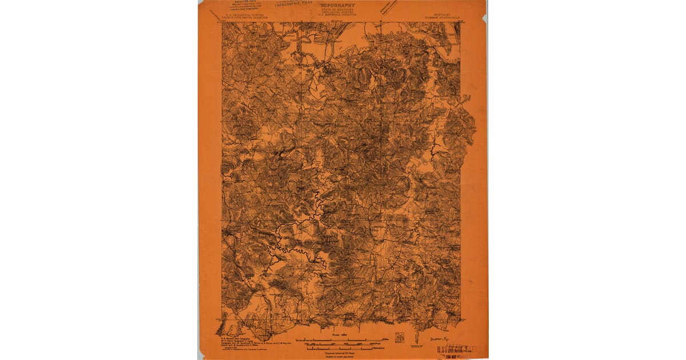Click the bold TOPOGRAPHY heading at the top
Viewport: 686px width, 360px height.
click(337, 5)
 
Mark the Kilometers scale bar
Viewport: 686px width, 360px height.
click(343, 349)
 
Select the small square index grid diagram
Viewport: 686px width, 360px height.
click(399, 338)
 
